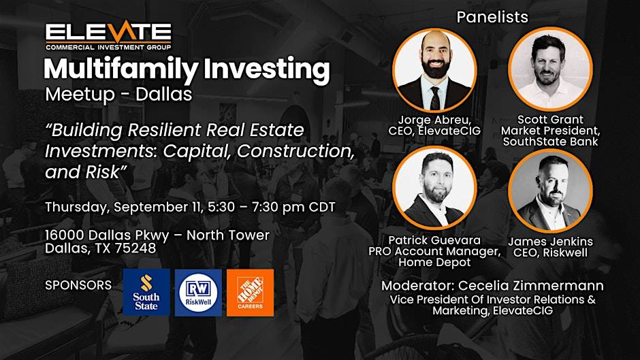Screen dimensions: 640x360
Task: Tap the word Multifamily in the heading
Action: [121, 69]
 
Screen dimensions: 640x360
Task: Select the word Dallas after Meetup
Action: [163, 94]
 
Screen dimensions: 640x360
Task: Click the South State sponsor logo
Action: [146, 292]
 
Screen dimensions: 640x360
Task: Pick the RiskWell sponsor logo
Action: [198, 292]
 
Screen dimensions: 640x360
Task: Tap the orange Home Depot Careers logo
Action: [250, 292]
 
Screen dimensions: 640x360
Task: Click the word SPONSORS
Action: [78, 285]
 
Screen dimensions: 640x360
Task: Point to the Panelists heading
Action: [492, 17]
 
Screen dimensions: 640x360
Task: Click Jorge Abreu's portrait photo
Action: [434, 70]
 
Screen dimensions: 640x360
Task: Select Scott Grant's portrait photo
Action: [550, 70]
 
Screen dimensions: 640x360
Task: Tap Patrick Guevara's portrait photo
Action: [434, 188]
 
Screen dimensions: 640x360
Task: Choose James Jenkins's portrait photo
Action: [550, 191]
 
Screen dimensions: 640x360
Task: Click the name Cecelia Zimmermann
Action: [530, 286]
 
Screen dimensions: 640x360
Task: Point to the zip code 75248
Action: [135, 248]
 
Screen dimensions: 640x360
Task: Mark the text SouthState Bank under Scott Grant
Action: [550, 142]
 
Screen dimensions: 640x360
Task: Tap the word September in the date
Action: [159, 208]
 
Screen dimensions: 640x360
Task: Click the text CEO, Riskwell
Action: [550, 252]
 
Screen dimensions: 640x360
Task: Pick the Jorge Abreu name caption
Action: [434, 120]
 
